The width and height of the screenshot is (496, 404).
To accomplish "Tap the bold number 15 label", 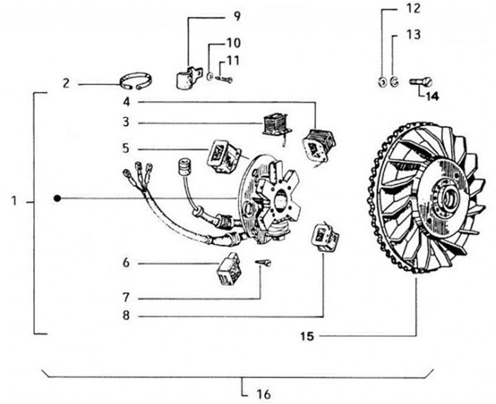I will [x=308, y=337].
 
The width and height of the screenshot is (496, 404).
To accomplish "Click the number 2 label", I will [x=66, y=83].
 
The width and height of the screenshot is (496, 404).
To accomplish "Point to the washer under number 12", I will [x=382, y=83].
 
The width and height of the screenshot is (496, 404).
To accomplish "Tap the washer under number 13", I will [x=393, y=83].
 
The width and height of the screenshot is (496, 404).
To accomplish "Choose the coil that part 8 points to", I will [x=325, y=236].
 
